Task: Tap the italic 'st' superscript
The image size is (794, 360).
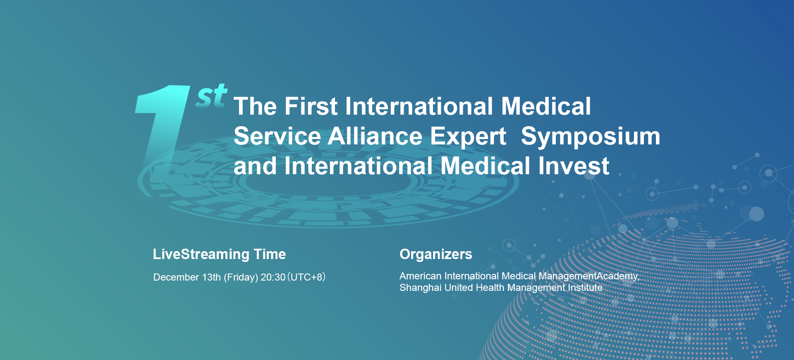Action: (211, 96)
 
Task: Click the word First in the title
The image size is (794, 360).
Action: (311, 106)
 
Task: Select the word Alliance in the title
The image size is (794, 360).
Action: (375, 136)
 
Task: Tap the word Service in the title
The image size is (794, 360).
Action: (277, 136)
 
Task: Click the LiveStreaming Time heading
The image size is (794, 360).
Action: (219, 254)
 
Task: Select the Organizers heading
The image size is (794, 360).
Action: (436, 254)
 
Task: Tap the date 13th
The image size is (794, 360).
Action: (211, 277)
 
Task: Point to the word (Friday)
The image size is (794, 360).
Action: (241, 277)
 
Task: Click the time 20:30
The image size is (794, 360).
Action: (273, 277)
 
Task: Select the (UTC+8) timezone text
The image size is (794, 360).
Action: (306, 277)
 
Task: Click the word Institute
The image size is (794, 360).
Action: (585, 288)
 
